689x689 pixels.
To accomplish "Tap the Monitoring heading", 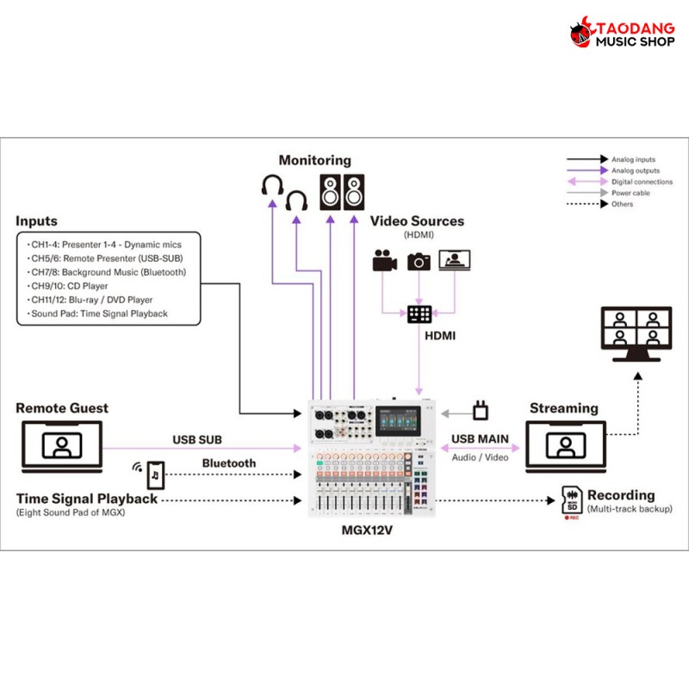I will pos(314,160).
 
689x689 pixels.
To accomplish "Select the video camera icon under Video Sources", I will pos(383,261).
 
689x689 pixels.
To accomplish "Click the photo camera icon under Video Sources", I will pos(419,260).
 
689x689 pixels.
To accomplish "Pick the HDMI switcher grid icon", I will pos(420,314).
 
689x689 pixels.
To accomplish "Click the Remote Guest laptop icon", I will pos(61,446).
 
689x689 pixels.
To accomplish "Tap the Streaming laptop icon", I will pos(565,446).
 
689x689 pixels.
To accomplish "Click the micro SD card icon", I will pos(571,499).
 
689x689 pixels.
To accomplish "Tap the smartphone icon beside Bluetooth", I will pos(156,474).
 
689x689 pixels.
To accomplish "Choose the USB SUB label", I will pos(197,439).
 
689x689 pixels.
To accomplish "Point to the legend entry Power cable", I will pos(630,193).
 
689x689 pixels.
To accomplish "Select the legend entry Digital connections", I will pos(642,182).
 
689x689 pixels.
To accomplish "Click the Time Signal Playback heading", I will pos(87,499).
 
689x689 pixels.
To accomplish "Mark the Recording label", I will pos(620,495).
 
